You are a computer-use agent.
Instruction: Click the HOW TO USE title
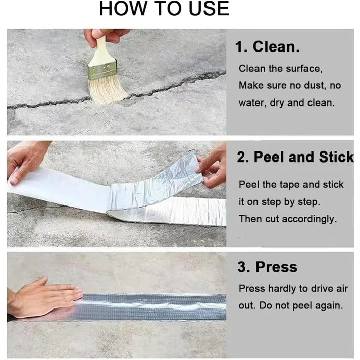tap(164, 9)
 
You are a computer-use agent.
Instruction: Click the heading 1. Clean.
tap(268, 47)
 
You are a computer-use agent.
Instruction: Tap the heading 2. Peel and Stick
tap(295, 157)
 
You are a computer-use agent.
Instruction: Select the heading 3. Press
tap(267, 267)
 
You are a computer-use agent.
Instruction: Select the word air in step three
tap(341, 289)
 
